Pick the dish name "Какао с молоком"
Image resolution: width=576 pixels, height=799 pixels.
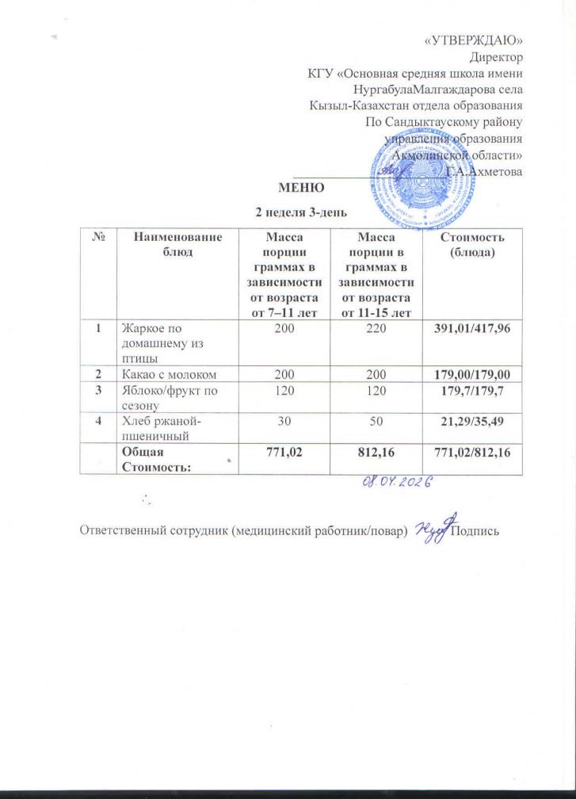(168, 373)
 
